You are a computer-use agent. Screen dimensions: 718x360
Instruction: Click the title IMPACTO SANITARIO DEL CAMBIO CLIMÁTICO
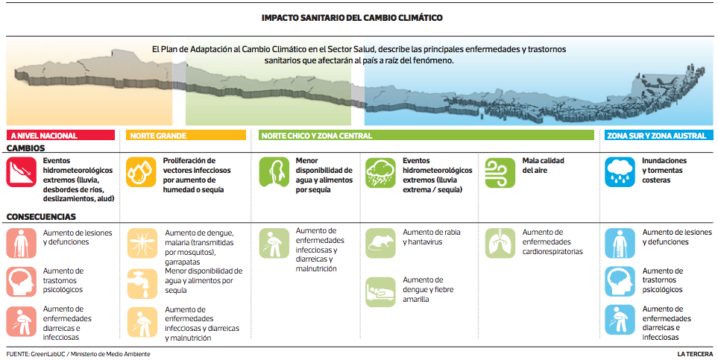pos(352,18)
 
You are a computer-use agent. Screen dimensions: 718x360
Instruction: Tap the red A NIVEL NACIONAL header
pos(60,135)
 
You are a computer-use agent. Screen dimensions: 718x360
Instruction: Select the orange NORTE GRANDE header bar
pos(186,135)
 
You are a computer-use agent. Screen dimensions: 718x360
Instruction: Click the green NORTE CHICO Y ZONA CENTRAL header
pos(426,135)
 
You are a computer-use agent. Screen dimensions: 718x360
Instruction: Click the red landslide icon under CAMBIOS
pos(22,172)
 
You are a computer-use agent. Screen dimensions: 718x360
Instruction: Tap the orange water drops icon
pos(141,172)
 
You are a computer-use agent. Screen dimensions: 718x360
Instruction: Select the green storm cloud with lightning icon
pos(380,173)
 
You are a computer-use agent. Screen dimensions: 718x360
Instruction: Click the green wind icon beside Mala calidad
pos(500,173)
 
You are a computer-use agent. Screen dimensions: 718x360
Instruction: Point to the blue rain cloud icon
pos(620,172)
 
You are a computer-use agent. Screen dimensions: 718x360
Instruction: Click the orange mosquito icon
pos(142,243)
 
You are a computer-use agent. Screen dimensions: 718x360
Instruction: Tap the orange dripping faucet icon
pos(142,283)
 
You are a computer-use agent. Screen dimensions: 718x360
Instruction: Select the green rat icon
pos(380,243)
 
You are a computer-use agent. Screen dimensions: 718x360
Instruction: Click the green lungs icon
pos(500,243)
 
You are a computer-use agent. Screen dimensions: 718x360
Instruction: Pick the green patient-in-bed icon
pos(380,291)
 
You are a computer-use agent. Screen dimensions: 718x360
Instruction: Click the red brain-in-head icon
pos(22,282)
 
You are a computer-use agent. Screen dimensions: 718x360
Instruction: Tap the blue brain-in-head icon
pos(620,281)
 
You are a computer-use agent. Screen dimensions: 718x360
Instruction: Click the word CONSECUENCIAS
pos(41,217)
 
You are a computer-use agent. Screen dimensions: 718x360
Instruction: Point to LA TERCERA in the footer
pos(695,354)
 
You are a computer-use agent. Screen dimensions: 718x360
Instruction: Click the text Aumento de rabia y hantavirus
pos(432,237)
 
